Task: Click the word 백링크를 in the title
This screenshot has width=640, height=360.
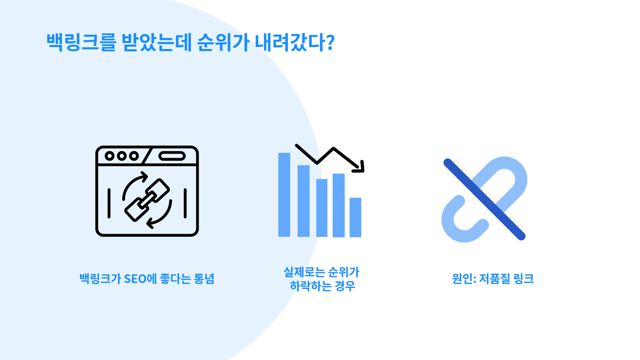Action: [82, 42]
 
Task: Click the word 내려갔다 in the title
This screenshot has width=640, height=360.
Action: [290, 42]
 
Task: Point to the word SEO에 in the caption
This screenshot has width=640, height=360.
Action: [140, 279]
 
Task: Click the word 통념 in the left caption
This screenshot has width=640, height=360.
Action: [204, 279]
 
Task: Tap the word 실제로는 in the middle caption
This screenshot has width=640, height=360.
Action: [304, 272]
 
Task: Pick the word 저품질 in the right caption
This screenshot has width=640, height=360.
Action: [495, 279]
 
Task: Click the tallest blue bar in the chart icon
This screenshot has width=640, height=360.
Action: [284, 195]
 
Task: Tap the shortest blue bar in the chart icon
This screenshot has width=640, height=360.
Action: [355, 217]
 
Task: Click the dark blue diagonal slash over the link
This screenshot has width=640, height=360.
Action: [484, 199]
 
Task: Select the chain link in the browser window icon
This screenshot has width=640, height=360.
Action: [147, 200]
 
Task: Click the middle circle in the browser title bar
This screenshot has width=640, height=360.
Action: [122, 156]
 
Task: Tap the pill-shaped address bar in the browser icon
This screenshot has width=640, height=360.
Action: [172, 156]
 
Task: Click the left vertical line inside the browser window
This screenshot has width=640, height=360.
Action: [109, 203]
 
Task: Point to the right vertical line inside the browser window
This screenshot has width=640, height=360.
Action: [185, 203]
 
